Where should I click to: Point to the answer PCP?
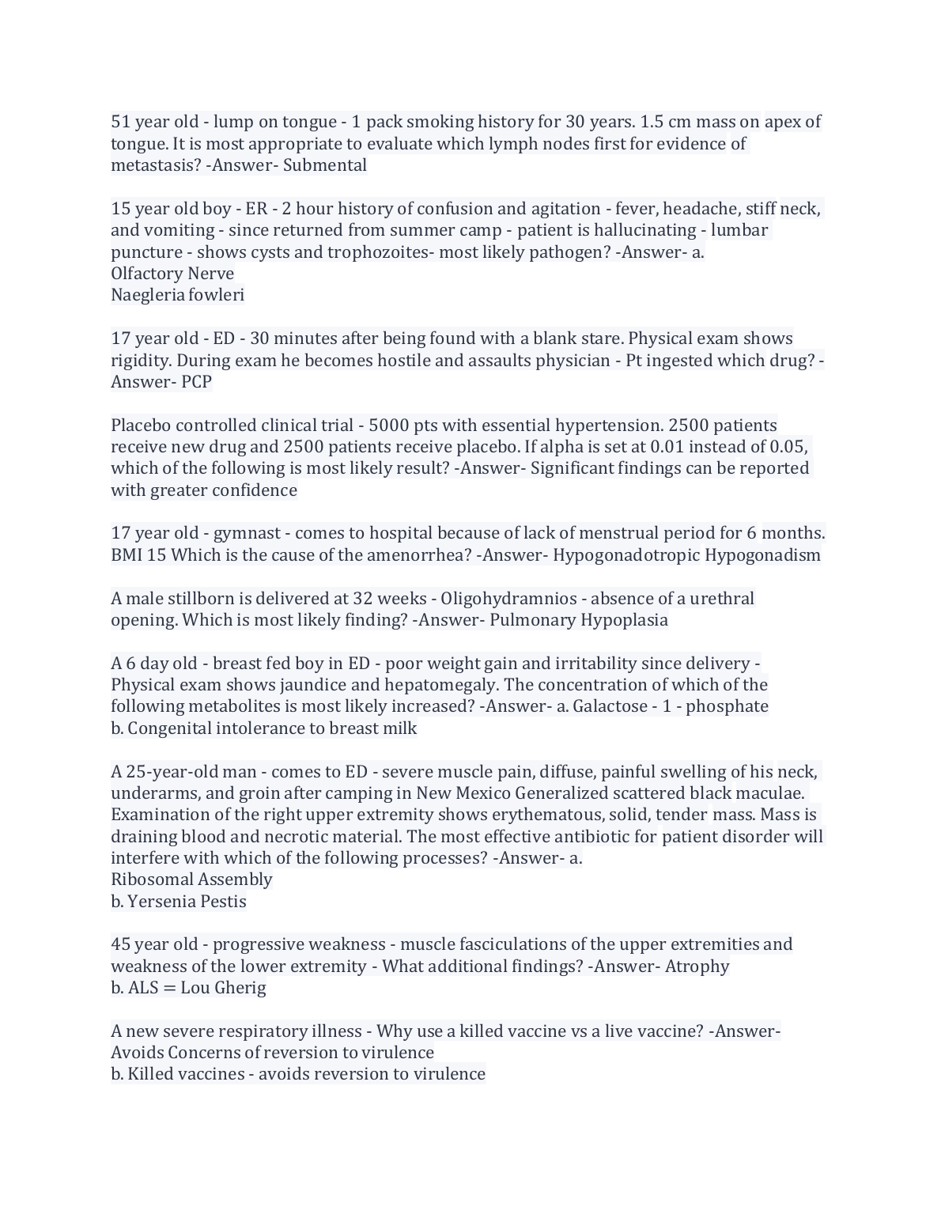click(196, 382)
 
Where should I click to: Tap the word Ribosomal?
click(152, 879)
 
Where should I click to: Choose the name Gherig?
click(240, 988)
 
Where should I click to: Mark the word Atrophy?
click(697, 966)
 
